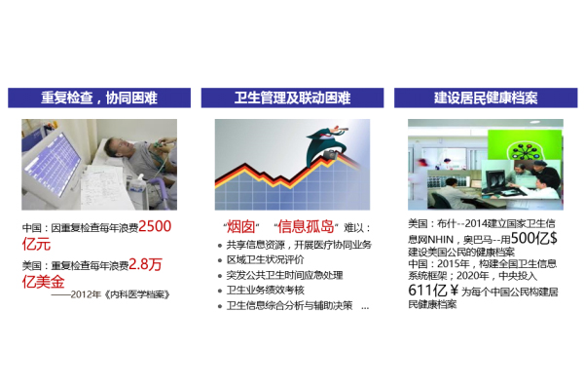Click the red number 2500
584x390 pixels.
(x=155, y=226)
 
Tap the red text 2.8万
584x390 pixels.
(x=145, y=264)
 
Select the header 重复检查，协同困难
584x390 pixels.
(x=99, y=97)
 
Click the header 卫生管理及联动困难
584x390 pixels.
(x=292, y=97)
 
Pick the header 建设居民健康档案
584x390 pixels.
(x=486, y=97)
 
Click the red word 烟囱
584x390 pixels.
(x=241, y=226)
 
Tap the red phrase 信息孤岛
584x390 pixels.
(x=306, y=226)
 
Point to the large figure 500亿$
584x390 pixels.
(x=534, y=238)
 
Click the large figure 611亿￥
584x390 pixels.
(x=433, y=290)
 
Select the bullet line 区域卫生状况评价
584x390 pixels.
(x=265, y=259)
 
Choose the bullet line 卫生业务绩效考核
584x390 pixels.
(x=265, y=290)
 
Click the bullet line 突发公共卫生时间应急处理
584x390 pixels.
(x=284, y=275)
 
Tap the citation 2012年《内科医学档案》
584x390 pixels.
(x=121, y=294)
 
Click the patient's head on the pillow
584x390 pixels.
(x=114, y=147)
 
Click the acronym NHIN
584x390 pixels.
(x=440, y=239)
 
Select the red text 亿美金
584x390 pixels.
(x=44, y=282)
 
